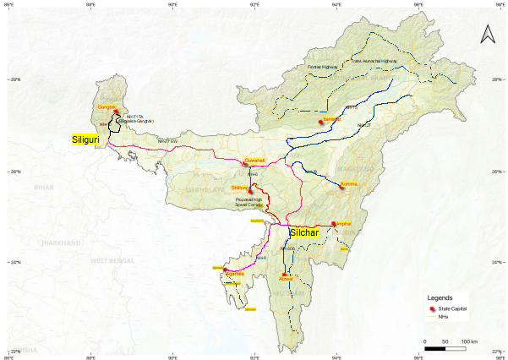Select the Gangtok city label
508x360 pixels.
107,107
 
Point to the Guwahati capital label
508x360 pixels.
254,160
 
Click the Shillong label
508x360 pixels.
239,188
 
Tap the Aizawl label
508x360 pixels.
287,277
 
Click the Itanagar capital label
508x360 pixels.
330,121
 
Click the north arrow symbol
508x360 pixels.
487,34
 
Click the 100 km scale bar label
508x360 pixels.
469,341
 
